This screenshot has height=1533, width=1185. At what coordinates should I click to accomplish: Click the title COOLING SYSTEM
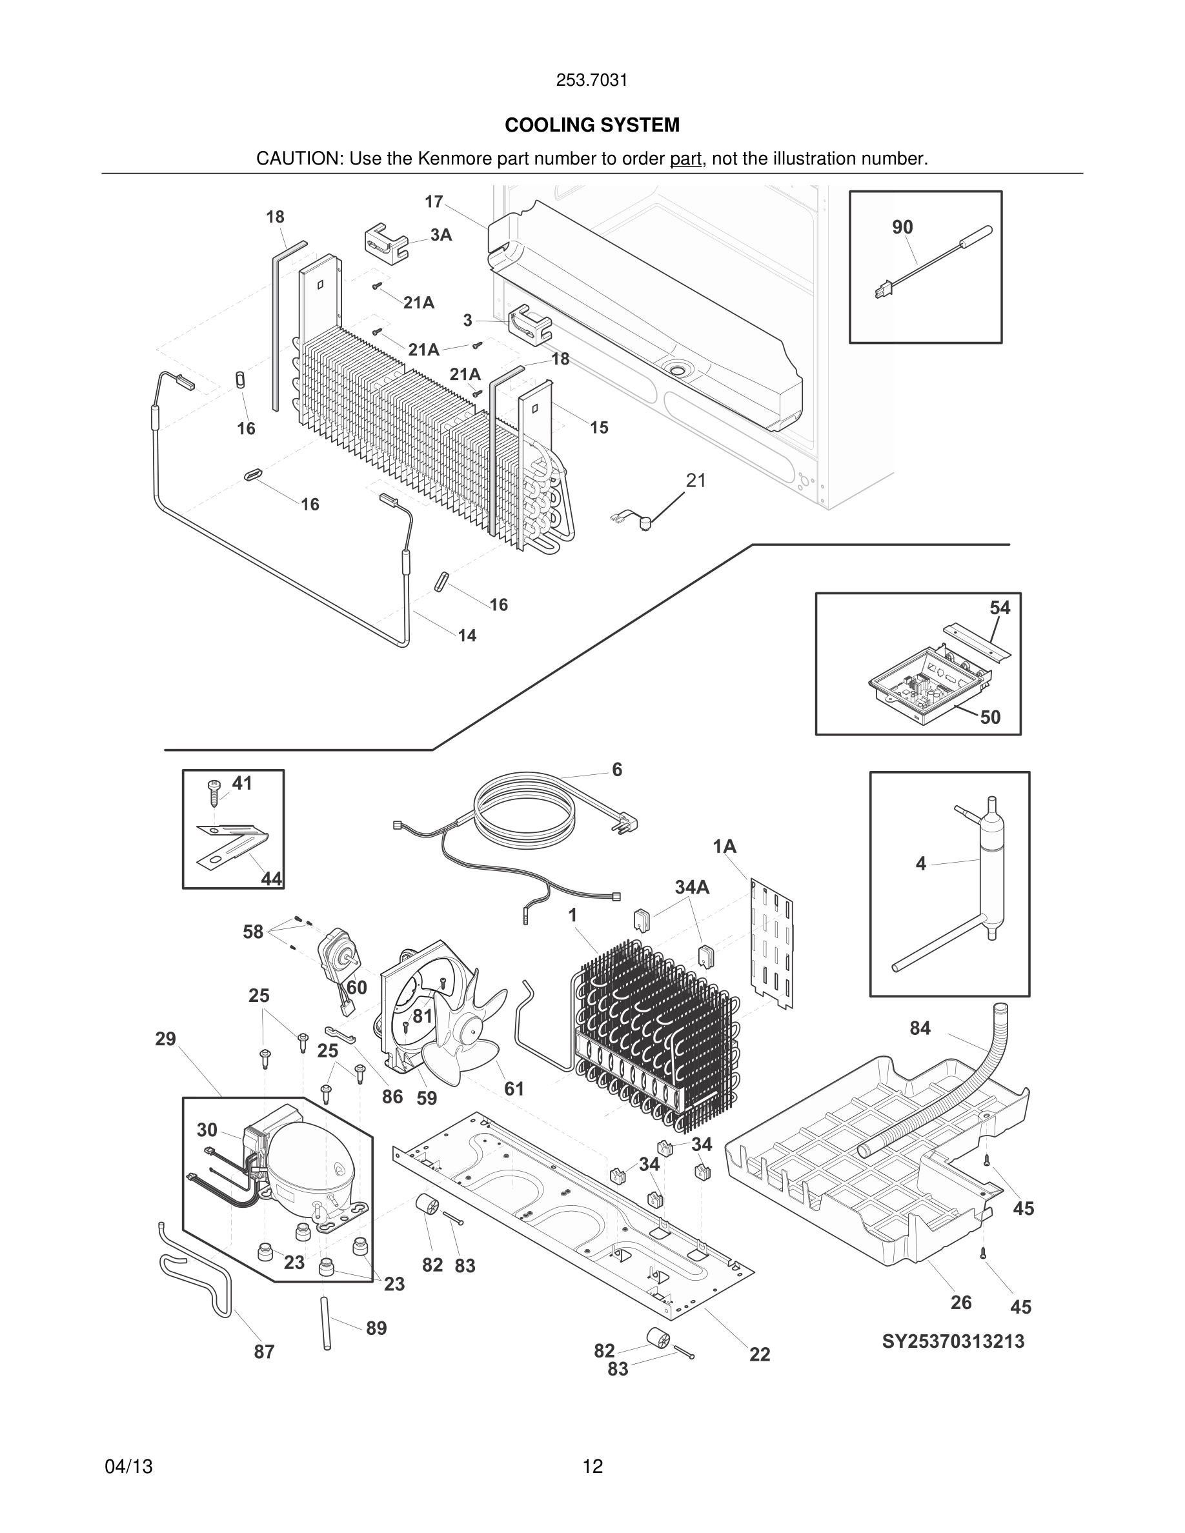tap(592, 125)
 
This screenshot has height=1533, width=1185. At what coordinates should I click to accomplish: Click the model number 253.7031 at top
tap(592, 80)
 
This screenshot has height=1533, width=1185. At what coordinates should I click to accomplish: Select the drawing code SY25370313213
tap(953, 1341)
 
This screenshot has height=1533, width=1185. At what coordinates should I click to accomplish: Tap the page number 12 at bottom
tap(592, 1467)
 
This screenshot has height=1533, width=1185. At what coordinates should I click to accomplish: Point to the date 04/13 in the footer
tap(128, 1467)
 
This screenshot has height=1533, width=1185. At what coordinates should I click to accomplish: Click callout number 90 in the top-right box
tap(902, 226)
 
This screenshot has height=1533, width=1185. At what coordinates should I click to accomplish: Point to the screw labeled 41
tap(214, 793)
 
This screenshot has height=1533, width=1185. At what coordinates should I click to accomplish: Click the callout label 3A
tap(441, 235)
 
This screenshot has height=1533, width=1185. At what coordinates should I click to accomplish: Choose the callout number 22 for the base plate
tap(760, 1354)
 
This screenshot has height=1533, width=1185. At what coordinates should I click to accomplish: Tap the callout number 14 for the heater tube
tap(467, 636)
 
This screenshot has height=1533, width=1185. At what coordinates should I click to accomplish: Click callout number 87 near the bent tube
tap(264, 1351)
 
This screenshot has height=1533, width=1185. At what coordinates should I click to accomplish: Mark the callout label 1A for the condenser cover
tap(724, 847)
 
